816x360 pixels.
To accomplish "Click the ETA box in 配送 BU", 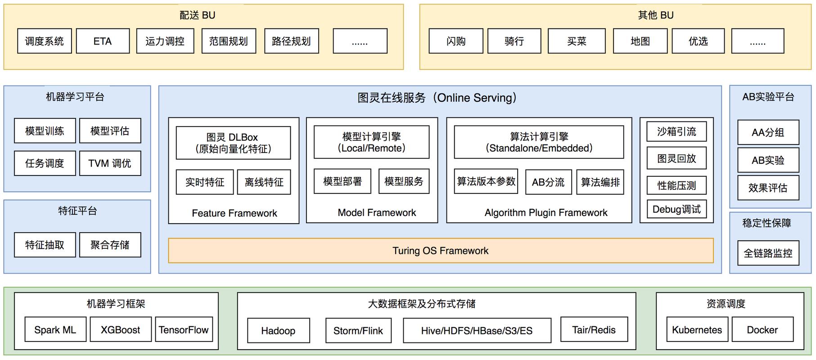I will tap(103, 41).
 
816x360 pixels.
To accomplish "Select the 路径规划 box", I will tap(291, 41).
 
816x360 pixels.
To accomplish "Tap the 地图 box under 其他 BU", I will tap(640, 41).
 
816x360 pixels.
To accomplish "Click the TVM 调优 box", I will tap(110, 163).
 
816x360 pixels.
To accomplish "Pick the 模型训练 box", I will tap(45, 131).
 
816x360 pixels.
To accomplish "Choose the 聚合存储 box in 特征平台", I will tap(110, 245).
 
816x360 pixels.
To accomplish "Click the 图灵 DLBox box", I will tap(233, 143).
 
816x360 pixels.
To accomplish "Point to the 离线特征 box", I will tap(264, 182).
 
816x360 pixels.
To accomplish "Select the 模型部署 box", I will tap(342, 181).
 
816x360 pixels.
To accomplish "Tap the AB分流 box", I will tap(548, 182).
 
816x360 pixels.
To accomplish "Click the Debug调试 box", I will tap(676, 209).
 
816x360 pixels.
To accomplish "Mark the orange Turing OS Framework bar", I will tap(440, 251).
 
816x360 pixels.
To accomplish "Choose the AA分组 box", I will tap(768, 132).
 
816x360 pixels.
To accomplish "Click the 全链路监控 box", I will tap(768, 253).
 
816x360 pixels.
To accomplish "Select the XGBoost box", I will tap(120, 330).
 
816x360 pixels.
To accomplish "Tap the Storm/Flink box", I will tap(358, 331).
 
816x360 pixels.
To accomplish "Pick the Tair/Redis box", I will tap(593, 330).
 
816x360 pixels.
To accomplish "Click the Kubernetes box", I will tap(696, 330).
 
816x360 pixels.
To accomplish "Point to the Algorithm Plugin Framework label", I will tap(546, 212).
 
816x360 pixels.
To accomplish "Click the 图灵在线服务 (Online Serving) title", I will tap(437, 98).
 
